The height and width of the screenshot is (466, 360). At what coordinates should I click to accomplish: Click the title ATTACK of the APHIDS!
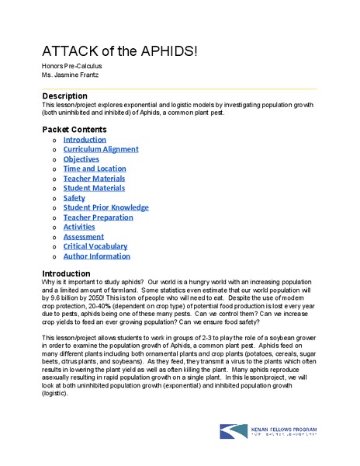(x=119, y=50)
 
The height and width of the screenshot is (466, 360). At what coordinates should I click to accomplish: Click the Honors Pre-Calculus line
(x=71, y=66)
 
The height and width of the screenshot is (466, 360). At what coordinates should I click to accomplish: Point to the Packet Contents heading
(x=74, y=129)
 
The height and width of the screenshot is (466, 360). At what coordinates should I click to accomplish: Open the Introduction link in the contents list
(x=85, y=140)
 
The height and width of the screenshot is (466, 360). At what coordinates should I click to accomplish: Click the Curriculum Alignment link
(x=101, y=149)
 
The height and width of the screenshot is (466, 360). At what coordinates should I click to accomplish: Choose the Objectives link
(x=81, y=159)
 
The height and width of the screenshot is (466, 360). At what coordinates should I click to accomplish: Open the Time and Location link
(x=95, y=169)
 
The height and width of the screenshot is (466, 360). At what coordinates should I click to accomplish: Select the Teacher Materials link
(x=94, y=179)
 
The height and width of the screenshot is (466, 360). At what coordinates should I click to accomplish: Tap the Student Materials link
(x=94, y=188)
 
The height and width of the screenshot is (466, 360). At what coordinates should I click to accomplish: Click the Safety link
(x=74, y=198)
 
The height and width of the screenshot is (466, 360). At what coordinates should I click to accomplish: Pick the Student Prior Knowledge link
(x=106, y=207)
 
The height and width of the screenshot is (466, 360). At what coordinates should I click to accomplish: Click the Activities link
(x=79, y=227)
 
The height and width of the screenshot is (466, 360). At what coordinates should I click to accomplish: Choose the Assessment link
(x=84, y=237)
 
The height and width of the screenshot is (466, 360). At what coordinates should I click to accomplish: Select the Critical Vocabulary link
(x=96, y=246)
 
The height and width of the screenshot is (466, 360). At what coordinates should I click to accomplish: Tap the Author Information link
(x=97, y=256)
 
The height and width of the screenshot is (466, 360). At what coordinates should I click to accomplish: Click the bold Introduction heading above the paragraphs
(x=66, y=273)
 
